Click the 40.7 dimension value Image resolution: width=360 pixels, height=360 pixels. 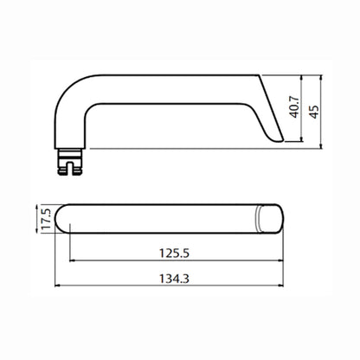coord(295,107)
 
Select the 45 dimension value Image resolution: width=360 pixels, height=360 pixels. coord(314,112)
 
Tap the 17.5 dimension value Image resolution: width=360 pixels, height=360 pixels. coord(46,219)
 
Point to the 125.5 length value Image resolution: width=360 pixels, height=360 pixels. coord(174,254)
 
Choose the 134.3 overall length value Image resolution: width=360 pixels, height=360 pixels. coord(174,279)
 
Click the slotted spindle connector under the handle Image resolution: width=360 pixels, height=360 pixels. coord(70,162)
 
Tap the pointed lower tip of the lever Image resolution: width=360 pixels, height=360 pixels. coord(283,140)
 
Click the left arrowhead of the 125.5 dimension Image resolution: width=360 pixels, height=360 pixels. coord(73,260)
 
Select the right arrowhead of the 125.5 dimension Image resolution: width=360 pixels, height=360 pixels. coord(280,260)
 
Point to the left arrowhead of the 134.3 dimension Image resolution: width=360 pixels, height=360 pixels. coord(57,286)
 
